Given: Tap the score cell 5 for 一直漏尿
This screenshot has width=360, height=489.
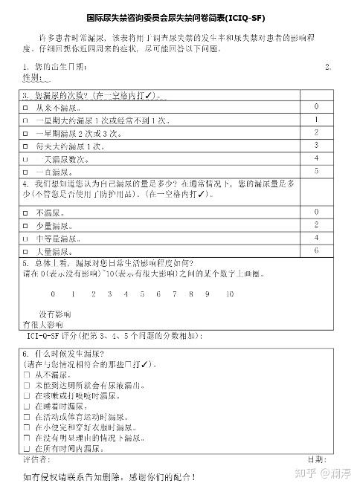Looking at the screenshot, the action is coord(316,171).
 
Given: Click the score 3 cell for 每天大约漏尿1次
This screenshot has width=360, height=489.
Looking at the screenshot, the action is coord(316,145).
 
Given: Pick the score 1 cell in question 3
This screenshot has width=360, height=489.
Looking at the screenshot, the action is coord(316,120).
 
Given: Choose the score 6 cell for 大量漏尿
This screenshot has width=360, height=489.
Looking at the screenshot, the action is coord(316,250).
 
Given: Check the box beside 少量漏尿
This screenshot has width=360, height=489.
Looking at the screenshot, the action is coord(25,225).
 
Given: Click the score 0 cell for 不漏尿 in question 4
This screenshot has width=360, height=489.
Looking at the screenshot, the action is coord(316,212).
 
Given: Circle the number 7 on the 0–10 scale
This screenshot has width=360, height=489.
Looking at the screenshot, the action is coord(177,294).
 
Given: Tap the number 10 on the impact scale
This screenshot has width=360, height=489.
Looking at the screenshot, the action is coord(229,294).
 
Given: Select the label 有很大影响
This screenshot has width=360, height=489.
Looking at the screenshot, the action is coord(40,325).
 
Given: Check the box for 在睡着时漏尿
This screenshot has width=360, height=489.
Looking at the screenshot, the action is coord(27,407).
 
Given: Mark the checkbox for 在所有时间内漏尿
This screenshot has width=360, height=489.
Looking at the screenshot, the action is coord(27,448).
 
